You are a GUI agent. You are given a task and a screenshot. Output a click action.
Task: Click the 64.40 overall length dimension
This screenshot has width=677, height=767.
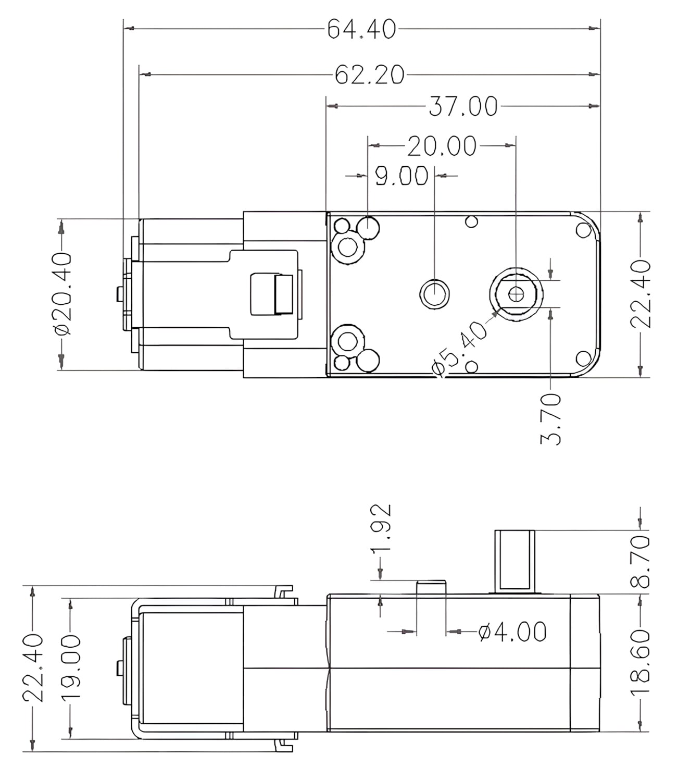coord(361,29)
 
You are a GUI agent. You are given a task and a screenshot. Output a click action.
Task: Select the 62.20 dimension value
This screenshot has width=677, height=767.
coord(370,75)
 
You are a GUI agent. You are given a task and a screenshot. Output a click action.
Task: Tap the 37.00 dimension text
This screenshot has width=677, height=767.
coord(463,106)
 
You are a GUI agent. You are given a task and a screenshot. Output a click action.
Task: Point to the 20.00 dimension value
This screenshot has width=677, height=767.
coord(442,146)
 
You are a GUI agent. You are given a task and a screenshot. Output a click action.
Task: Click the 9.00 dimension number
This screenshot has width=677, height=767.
coord(402,176)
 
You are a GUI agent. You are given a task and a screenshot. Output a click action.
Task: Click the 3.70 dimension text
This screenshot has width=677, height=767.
coord(550,419)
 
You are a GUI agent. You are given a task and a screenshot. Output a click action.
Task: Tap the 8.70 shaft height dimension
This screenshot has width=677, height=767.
coord(641,561)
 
